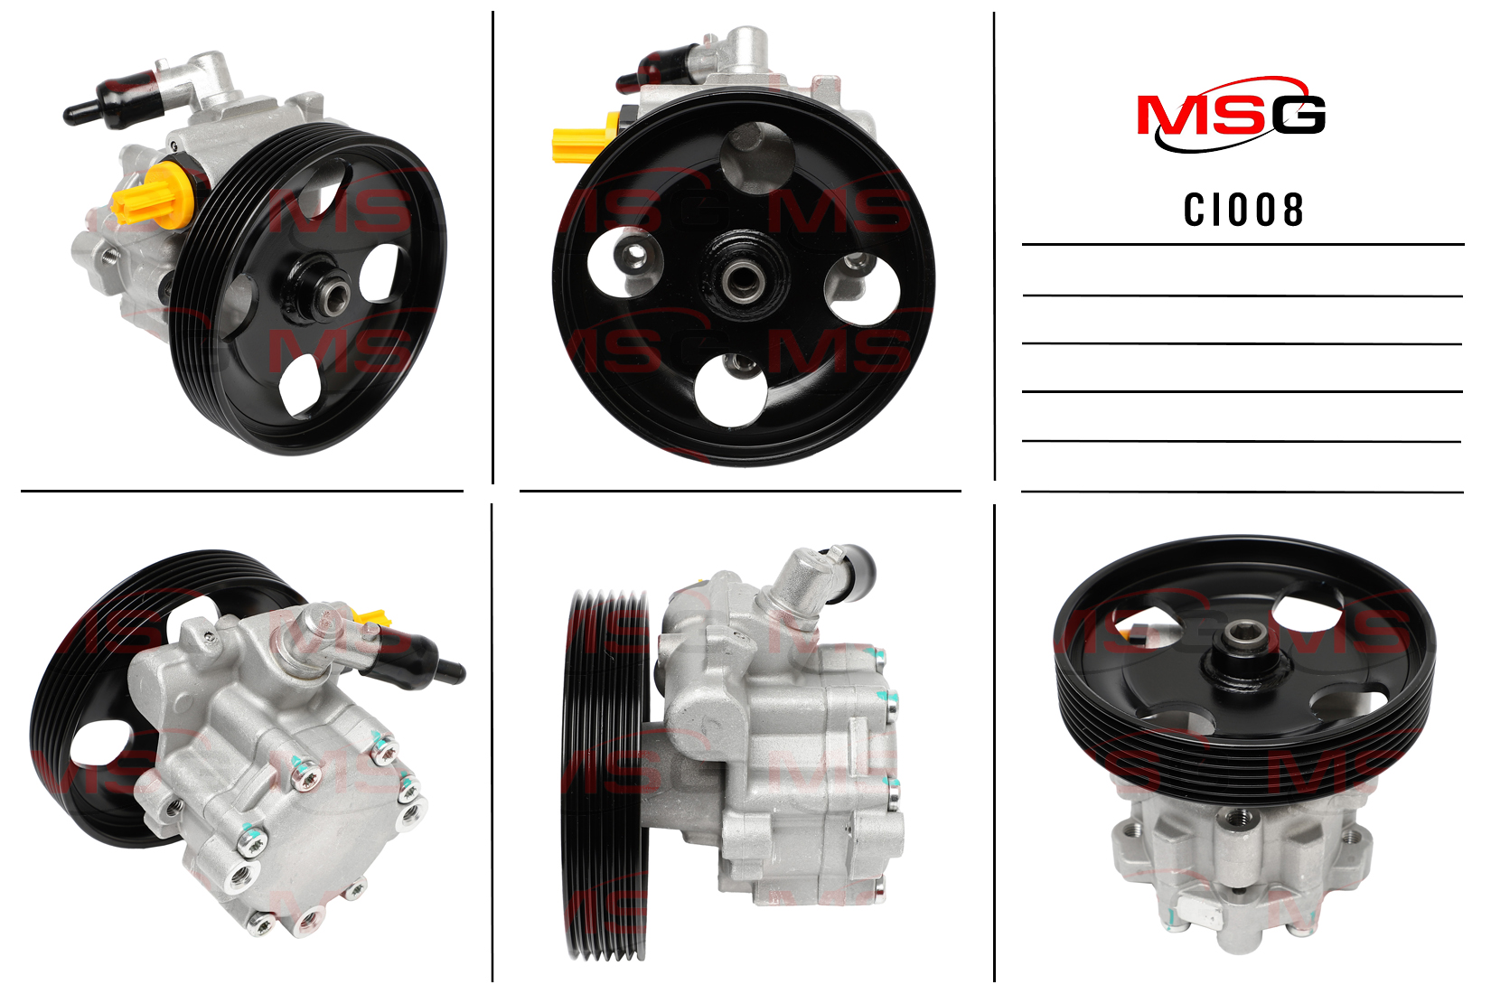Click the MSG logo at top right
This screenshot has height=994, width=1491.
coord(1231,115)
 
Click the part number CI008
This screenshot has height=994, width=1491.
coord(1242,211)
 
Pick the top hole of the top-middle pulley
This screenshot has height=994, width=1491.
coord(757,158)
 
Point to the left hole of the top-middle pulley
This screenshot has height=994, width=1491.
coord(625,262)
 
